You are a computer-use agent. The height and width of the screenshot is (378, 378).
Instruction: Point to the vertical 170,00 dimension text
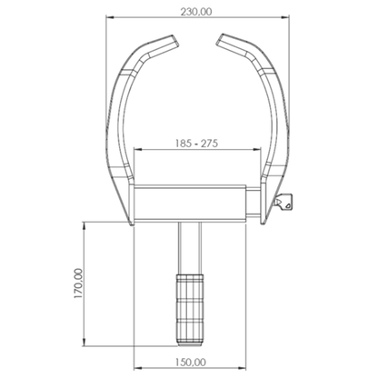click(78, 283)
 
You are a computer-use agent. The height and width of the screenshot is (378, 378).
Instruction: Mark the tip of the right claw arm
click(222, 38)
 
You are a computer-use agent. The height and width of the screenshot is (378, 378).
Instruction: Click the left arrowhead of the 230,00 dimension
click(110, 20)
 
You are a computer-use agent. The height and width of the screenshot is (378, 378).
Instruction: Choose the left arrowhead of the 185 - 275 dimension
click(136, 151)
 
